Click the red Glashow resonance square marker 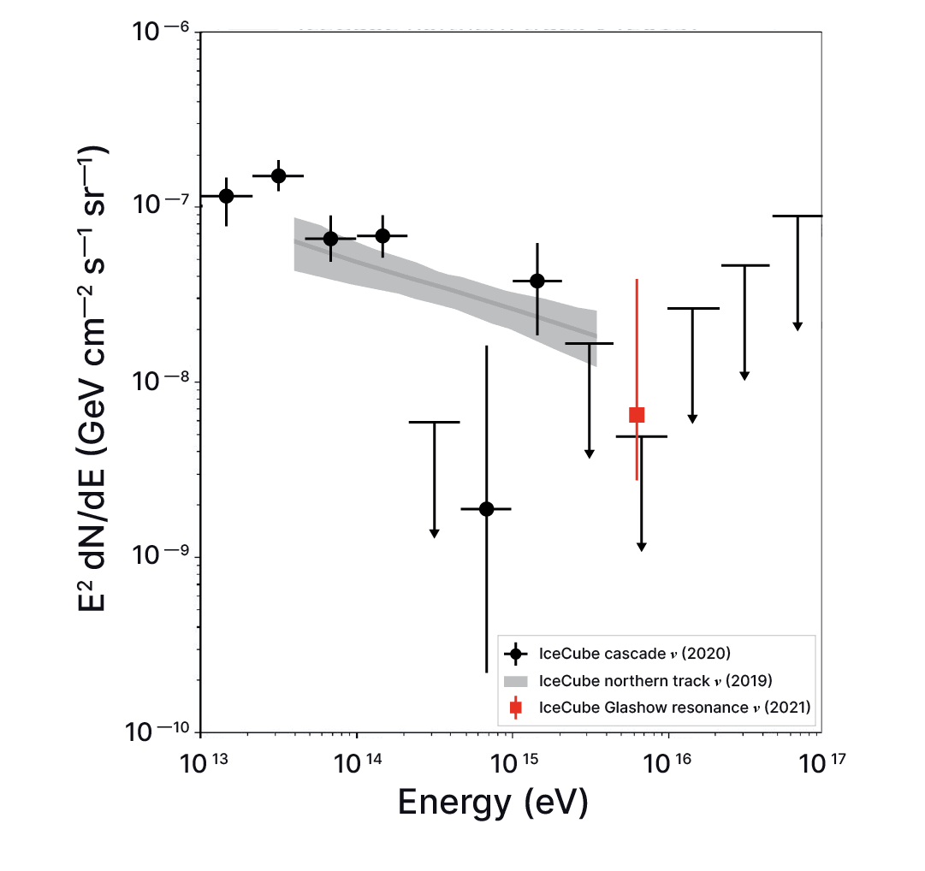tap(637, 415)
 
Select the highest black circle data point tap(278, 175)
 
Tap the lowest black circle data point tap(486, 508)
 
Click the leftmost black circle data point tap(226, 196)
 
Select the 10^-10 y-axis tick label tap(163, 732)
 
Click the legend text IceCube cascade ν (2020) tap(634, 655)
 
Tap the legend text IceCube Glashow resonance tap(674, 708)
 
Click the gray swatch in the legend tap(515, 681)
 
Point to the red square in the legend tap(515, 708)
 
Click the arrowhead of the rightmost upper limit tap(798, 325)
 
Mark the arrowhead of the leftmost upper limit tap(434, 533)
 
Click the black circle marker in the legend tap(515, 655)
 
